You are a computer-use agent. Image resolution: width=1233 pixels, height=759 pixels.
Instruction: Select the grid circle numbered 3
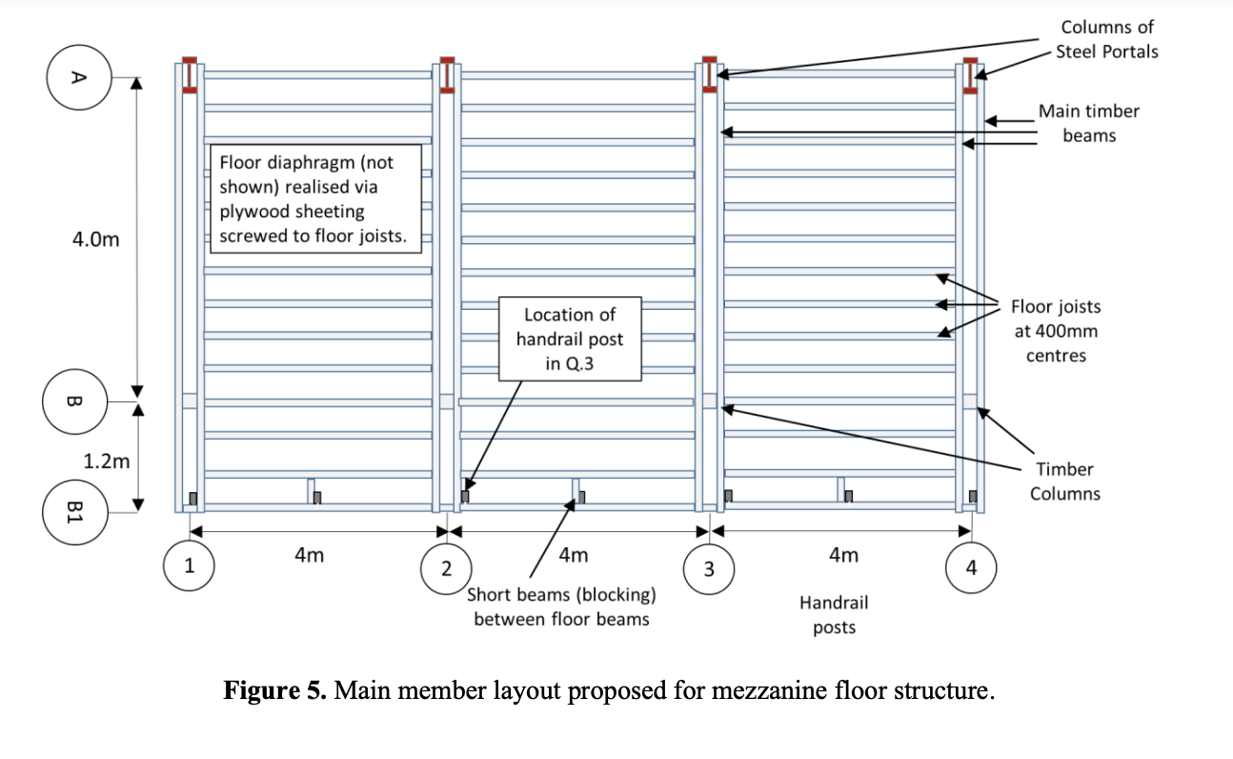[x=708, y=568]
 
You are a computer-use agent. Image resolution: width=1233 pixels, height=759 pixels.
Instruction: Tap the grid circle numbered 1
[x=189, y=566]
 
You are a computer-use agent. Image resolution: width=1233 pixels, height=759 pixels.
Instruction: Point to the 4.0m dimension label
[x=96, y=239]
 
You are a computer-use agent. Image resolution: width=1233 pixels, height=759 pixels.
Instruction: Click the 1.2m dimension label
[x=106, y=462]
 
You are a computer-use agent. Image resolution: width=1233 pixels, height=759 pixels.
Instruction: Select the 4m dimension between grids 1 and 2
[x=309, y=555]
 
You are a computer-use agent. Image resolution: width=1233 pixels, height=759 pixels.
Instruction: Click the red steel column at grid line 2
[x=446, y=75]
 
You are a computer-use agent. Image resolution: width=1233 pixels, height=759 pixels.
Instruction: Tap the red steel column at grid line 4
[x=970, y=75]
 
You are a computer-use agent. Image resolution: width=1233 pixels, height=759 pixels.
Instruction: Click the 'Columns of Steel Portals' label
[x=1108, y=39]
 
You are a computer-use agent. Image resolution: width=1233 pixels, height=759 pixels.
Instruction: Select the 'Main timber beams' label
[x=1088, y=123]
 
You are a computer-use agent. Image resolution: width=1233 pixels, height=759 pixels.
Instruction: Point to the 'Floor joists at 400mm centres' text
[x=1056, y=331]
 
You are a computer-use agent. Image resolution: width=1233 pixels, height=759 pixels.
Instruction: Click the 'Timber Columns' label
[x=1065, y=481]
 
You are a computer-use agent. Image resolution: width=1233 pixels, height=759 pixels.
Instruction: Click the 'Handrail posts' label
[x=834, y=614]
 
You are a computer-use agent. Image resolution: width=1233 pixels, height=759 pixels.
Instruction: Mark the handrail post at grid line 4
[x=973, y=496]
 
